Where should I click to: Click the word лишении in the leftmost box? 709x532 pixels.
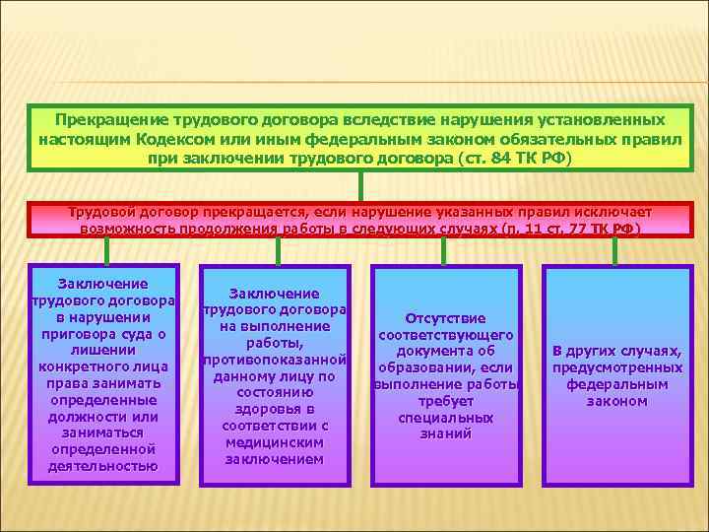pos(103,350)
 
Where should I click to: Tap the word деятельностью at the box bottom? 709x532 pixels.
pos(103,466)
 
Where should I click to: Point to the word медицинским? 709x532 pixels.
pos(273,442)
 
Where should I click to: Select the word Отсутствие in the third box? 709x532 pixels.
pos(446,317)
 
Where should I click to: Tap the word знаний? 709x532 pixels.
pos(446,433)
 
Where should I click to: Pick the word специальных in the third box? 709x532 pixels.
pos(446,418)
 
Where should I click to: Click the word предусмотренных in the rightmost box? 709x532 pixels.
pos(616,367)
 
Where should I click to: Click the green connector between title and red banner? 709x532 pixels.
pos(361,186)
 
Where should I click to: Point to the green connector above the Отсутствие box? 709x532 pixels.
pos(446,252)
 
